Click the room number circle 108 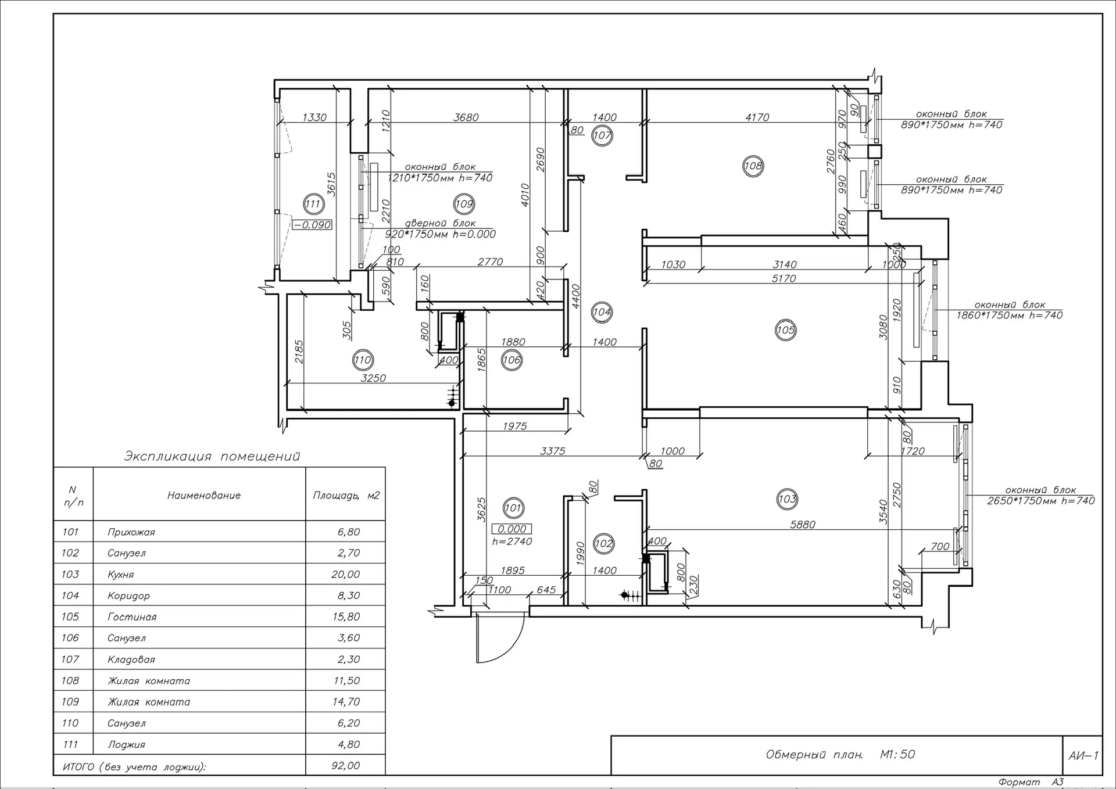pos(753,166)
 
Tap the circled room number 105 pos(785,330)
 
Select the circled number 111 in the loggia pos(313,204)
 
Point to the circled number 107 pos(602,136)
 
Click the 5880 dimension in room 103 pos(802,525)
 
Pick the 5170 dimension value pos(784,278)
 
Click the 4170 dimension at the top pos(757,117)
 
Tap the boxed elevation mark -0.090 pos(312,225)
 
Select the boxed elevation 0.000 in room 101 pos(512,529)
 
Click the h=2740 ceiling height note pos(512,541)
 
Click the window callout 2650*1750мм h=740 pos(1040,501)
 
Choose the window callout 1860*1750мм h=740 pos(1009,315)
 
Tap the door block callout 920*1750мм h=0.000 pos(441,234)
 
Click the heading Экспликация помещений pos(212,456)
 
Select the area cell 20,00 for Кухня pos(346,575)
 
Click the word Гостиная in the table pos(132,617)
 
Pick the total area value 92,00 pos(346,766)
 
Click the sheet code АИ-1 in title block pos(1083,755)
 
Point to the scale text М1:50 pos(897,755)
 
